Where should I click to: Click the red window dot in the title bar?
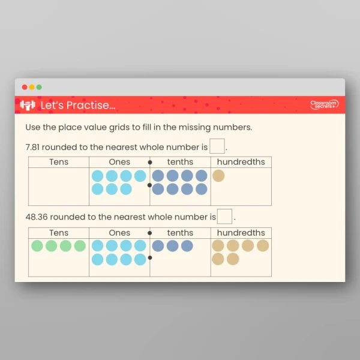pos(25,87)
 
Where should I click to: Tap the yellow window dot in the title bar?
pos(32,87)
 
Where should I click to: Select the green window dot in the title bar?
pos(39,87)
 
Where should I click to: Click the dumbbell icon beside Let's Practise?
pos(28,106)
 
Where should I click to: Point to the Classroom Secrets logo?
pos(324,105)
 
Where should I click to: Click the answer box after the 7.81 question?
pos(217,146)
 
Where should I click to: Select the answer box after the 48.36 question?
pos(225,217)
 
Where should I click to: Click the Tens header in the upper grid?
pos(59,162)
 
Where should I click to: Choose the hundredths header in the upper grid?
pos(241,162)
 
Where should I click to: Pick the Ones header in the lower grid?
pos(119,233)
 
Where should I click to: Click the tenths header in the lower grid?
pos(180,233)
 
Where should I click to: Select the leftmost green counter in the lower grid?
pos(37,246)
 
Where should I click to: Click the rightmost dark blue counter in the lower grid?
pos(187,246)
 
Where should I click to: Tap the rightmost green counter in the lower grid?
pos(80,246)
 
